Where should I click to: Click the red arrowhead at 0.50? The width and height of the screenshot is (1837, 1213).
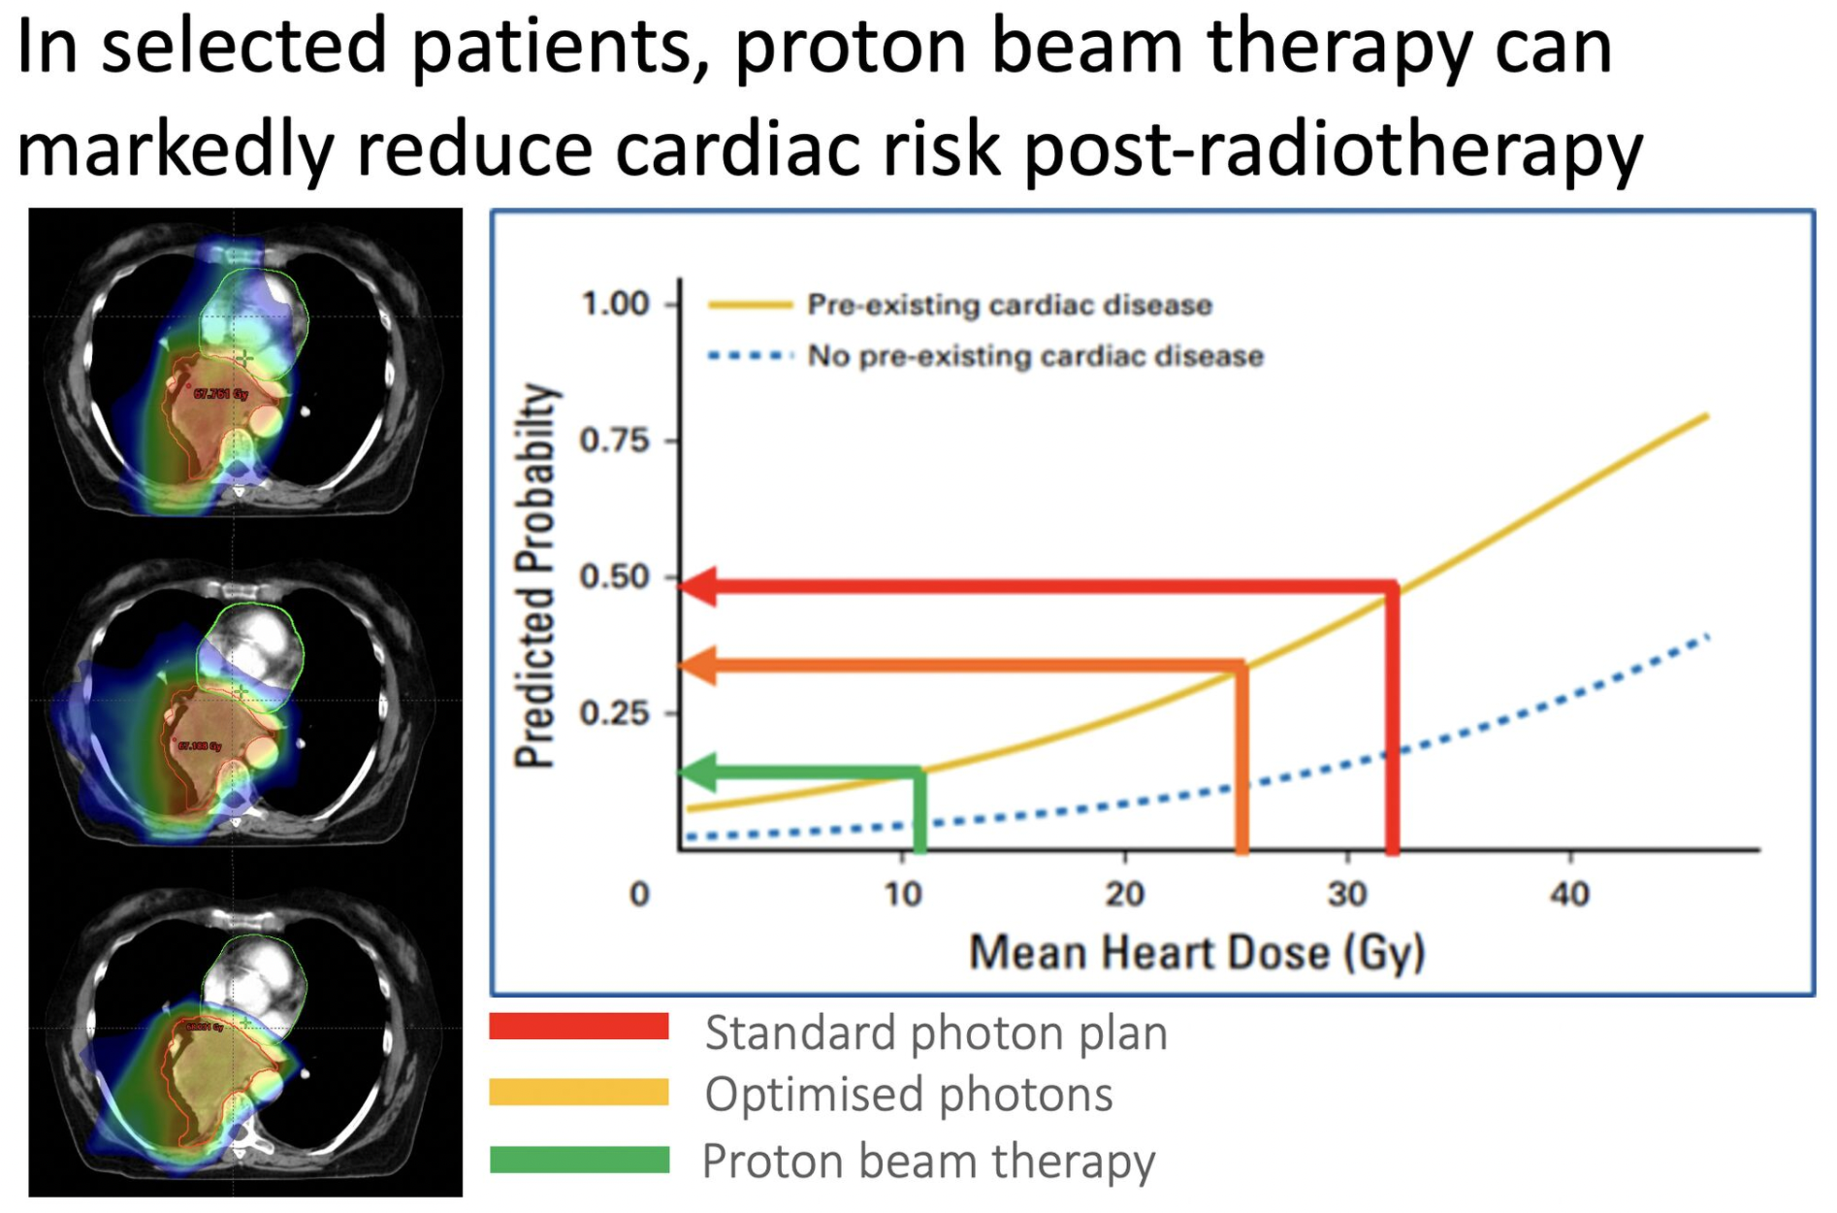pyautogui.click(x=698, y=586)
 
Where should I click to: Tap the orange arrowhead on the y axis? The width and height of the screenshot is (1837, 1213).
pyautogui.click(x=698, y=666)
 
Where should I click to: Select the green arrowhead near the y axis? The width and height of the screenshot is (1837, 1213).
pyautogui.click(x=698, y=772)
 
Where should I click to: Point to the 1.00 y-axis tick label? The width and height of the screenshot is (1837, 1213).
pyautogui.click(x=614, y=305)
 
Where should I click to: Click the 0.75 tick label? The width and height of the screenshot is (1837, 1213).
pyautogui.click(x=614, y=441)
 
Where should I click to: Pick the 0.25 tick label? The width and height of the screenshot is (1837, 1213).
pyautogui.click(x=614, y=713)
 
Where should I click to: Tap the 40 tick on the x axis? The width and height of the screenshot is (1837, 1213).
pyautogui.click(x=1569, y=893)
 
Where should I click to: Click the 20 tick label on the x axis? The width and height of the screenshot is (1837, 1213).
pyautogui.click(x=1125, y=893)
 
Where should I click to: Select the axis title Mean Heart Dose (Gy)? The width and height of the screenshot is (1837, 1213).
pyautogui.click(x=1197, y=952)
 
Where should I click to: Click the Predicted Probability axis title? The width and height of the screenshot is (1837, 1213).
pyautogui.click(x=536, y=575)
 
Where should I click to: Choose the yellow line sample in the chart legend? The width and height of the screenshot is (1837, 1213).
pyautogui.click(x=750, y=306)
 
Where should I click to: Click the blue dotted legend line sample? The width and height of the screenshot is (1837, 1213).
pyautogui.click(x=750, y=356)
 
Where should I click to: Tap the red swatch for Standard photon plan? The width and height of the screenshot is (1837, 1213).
pyautogui.click(x=579, y=1027)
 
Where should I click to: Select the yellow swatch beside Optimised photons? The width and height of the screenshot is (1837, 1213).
pyautogui.click(x=579, y=1093)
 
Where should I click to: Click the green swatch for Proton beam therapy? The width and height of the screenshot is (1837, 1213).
pyautogui.click(x=579, y=1160)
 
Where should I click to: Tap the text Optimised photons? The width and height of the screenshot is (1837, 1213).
pyautogui.click(x=908, y=1095)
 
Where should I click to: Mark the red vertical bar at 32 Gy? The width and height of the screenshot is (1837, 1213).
pyautogui.click(x=1392, y=718)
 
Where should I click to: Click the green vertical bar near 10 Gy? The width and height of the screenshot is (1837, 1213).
pyautogui.click(x=919, y=811)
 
